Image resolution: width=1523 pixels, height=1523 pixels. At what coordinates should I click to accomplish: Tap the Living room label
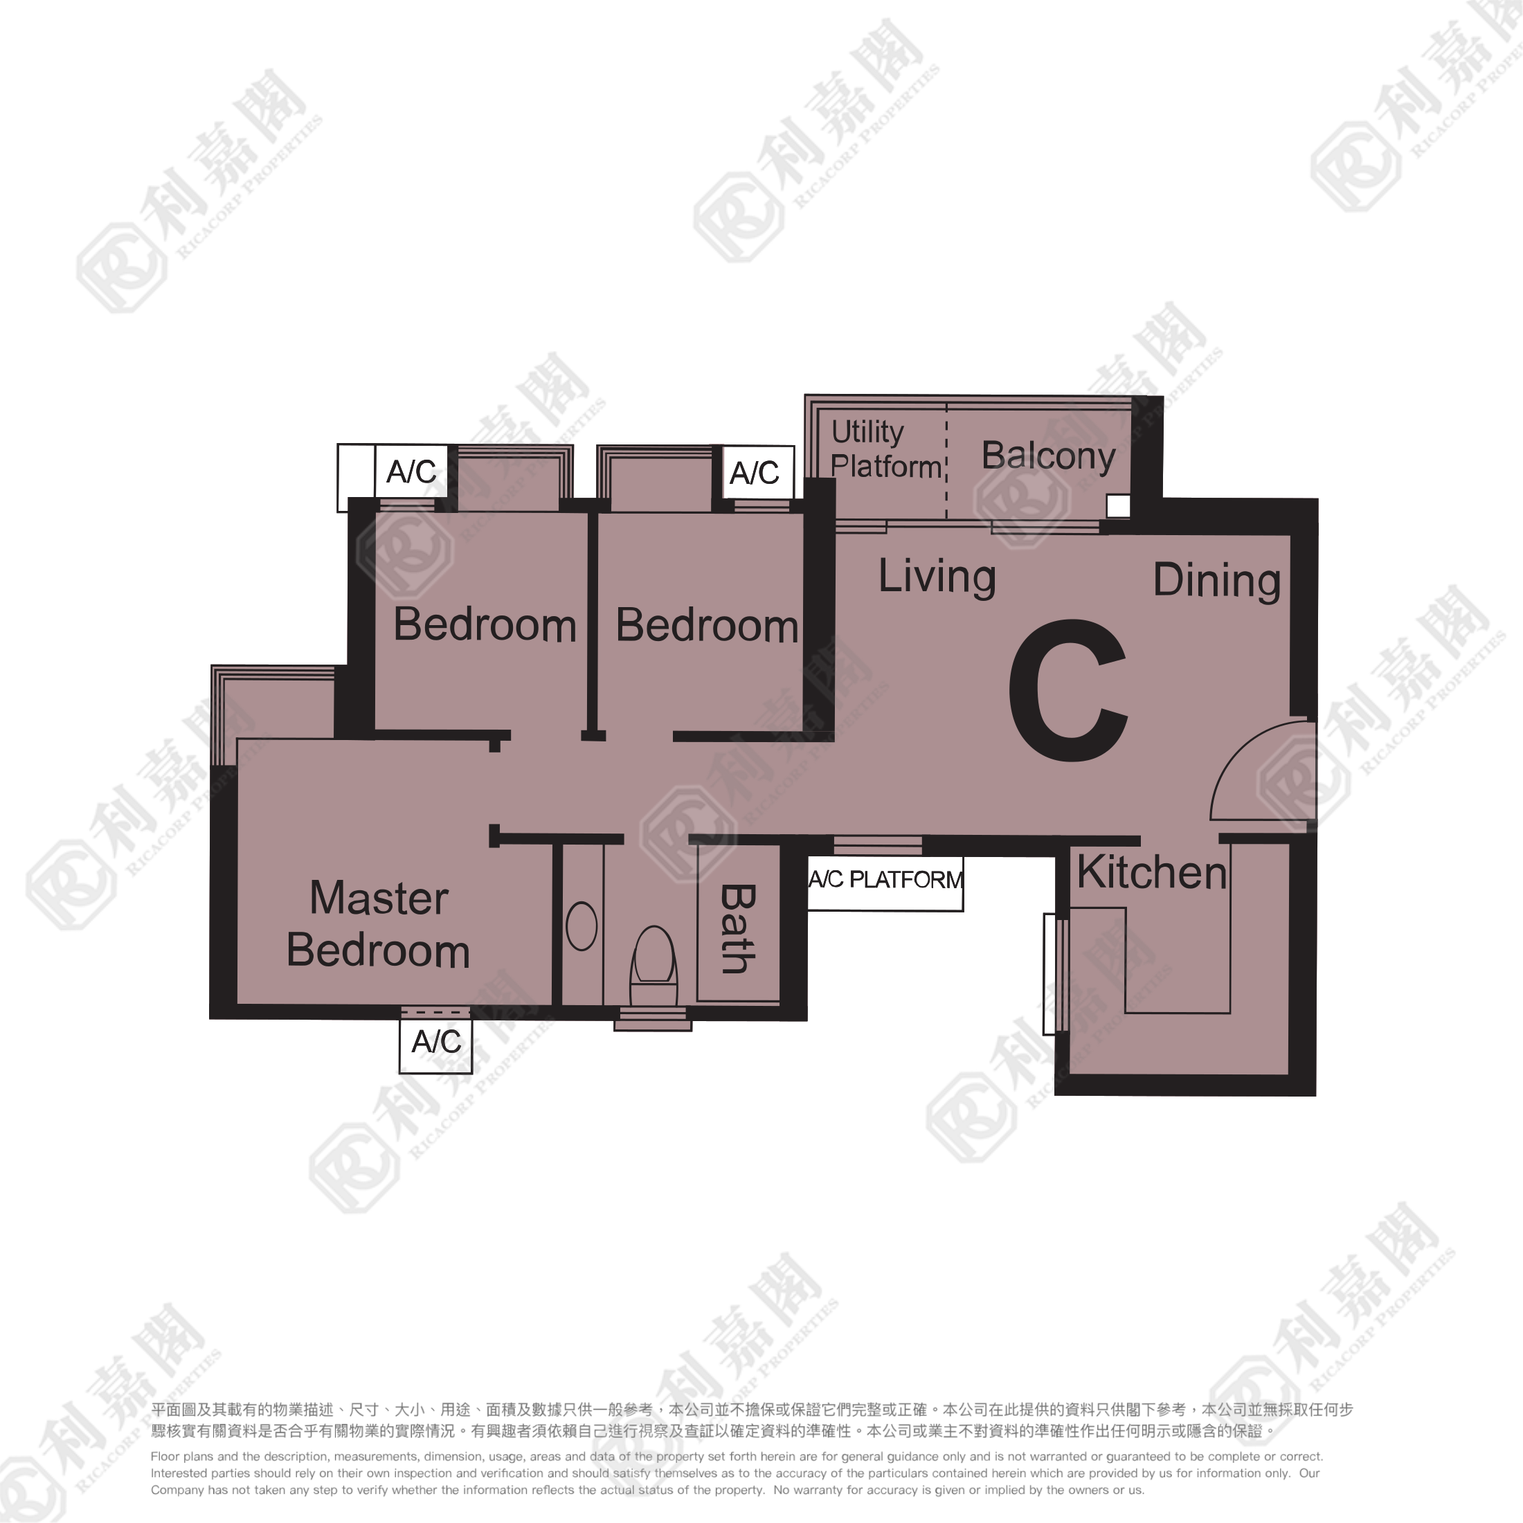coord(937,576)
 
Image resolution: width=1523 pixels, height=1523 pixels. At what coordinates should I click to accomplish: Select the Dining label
coord(1216,580)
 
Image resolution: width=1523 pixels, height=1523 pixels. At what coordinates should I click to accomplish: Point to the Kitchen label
coord(1152,873)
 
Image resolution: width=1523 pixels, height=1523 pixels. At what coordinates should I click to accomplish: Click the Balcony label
coord(1047,456)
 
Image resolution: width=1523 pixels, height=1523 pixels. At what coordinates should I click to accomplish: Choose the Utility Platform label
coord(885,449)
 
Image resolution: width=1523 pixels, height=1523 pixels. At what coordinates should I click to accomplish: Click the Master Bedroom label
coord(379,924)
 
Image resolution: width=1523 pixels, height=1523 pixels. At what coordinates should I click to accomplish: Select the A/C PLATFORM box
coord(885,880)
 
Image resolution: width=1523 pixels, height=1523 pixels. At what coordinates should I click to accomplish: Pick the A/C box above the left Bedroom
coord(411,471)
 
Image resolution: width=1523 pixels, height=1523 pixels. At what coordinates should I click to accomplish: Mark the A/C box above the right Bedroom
coord(755,472)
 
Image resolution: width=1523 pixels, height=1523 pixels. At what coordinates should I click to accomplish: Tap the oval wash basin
coord(582,926)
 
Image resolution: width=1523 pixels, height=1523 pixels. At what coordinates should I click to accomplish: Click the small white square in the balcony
coord(1118,506)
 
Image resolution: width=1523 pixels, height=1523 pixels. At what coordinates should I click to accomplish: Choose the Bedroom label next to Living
coord(707,625)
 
